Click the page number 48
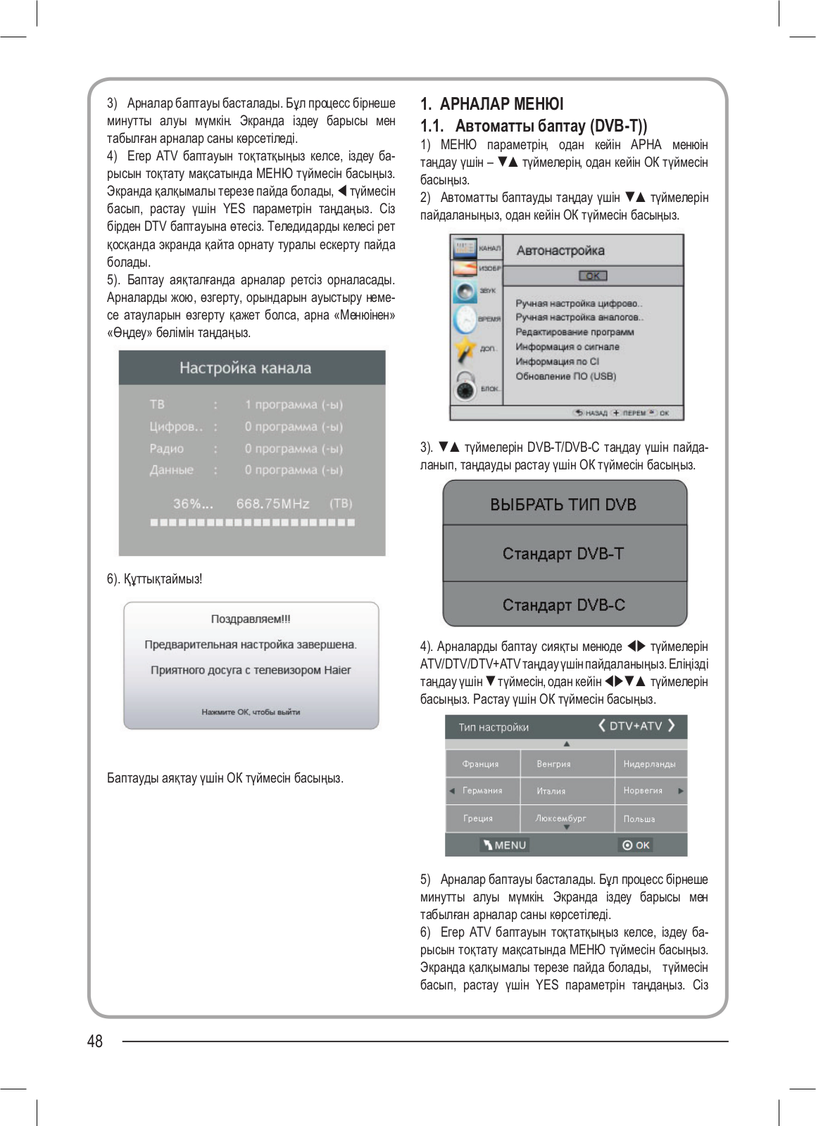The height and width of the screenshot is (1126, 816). (x=95, y=1042)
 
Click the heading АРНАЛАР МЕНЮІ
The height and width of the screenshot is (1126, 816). (x=501, y=104)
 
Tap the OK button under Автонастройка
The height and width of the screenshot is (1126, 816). (x=593, y=276)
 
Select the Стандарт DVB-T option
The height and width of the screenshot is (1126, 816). (x=563, y=554)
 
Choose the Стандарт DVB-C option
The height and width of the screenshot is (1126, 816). (x=563, y=605)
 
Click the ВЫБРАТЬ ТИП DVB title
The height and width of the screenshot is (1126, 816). (x=563, y=505)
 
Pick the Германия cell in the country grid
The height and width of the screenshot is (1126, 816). (x=482, y=791)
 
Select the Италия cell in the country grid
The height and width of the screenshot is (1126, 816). (x=551, y=791)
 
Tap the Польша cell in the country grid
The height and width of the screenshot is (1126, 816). (x=639, y=819)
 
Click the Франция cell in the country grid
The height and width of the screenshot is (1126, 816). (x=480, y=764)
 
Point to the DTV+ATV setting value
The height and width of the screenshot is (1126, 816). (x=636, y=726)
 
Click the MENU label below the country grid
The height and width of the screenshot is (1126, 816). (x=505, y=845)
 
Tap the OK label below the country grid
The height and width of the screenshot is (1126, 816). (x=636, y=845)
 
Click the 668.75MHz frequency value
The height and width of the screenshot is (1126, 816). (x=273, y=504)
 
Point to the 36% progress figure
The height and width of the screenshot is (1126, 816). (x=192, y=504)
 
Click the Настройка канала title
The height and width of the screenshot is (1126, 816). (x=245, y=368)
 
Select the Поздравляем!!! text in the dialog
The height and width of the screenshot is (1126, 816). (x=251, y=619)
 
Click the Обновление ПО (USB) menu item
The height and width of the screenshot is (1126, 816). (x=565, y=377)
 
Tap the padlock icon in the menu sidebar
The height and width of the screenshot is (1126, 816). (x=464, y=386)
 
